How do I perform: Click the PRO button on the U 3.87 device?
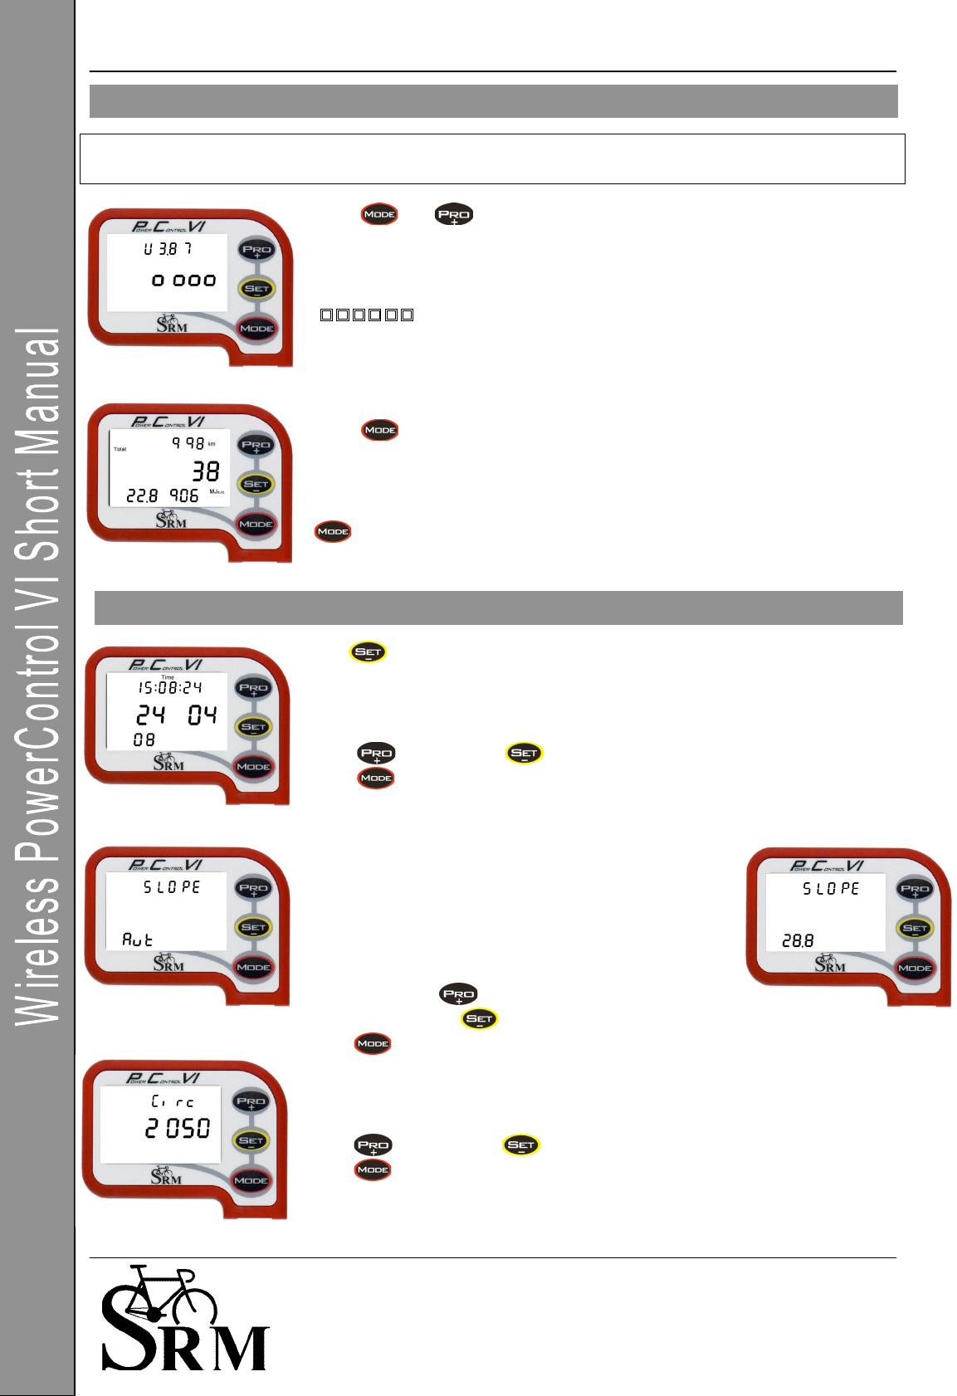(256, 250)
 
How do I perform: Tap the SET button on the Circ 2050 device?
(251, 1141)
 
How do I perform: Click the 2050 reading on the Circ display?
(178, 1129)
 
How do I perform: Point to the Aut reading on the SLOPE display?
(138, 940)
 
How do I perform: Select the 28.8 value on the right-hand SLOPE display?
(798, 941)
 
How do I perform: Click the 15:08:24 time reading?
(170, 688)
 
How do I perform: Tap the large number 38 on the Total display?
(206, 472)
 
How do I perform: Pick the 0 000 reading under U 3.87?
(184, 281)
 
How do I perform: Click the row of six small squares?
(367, 315)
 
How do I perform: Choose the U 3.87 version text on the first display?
(168, 249)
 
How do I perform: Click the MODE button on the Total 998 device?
(256, 525)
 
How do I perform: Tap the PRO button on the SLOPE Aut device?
(253, 888)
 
